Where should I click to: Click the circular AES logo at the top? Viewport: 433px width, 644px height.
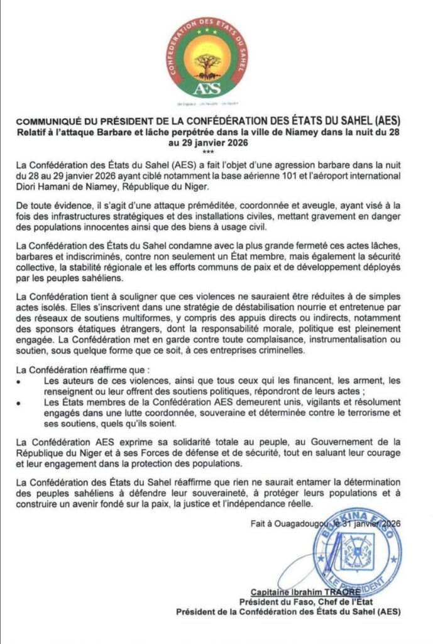pos(208,58)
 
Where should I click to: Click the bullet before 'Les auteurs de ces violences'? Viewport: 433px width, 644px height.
pos(21,382)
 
